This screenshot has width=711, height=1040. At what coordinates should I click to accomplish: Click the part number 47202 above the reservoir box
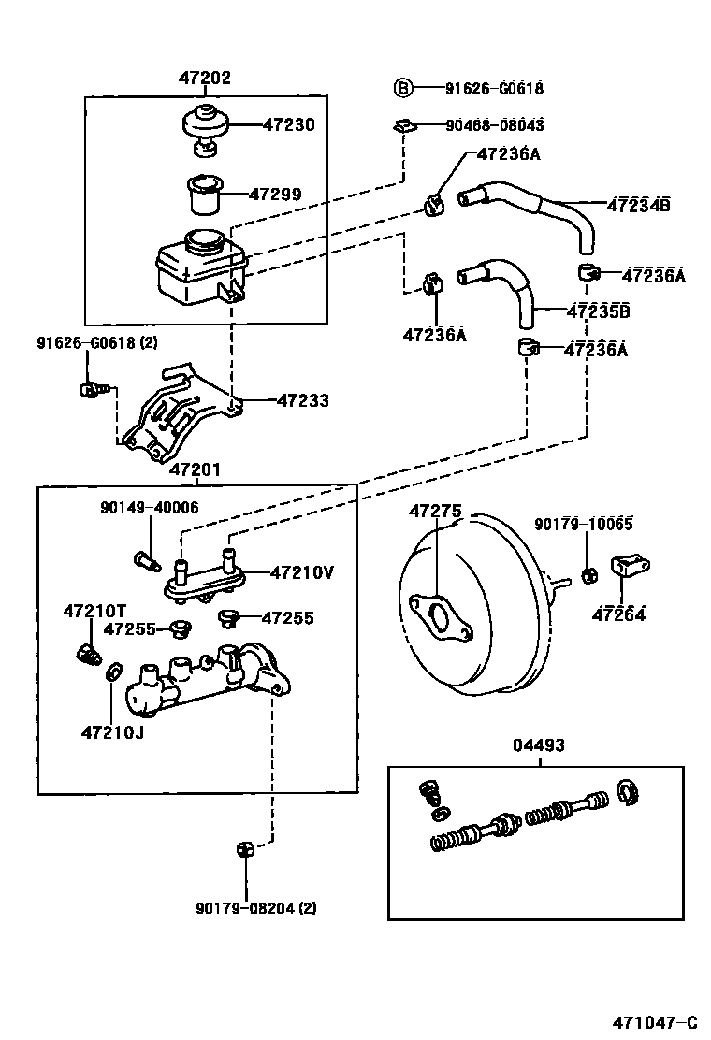click(204, 79)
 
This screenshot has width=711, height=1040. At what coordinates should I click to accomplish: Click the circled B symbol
click(401, 89)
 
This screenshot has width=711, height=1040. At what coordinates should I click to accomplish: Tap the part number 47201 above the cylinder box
click(195, 469)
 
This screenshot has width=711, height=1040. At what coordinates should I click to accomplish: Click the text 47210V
click(302, 571)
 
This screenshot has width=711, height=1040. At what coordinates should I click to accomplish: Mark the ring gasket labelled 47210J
click(112, 671)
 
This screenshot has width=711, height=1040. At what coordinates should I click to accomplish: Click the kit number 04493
click(539, 745)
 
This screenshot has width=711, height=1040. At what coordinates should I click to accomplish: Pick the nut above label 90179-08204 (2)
click(245, 848)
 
